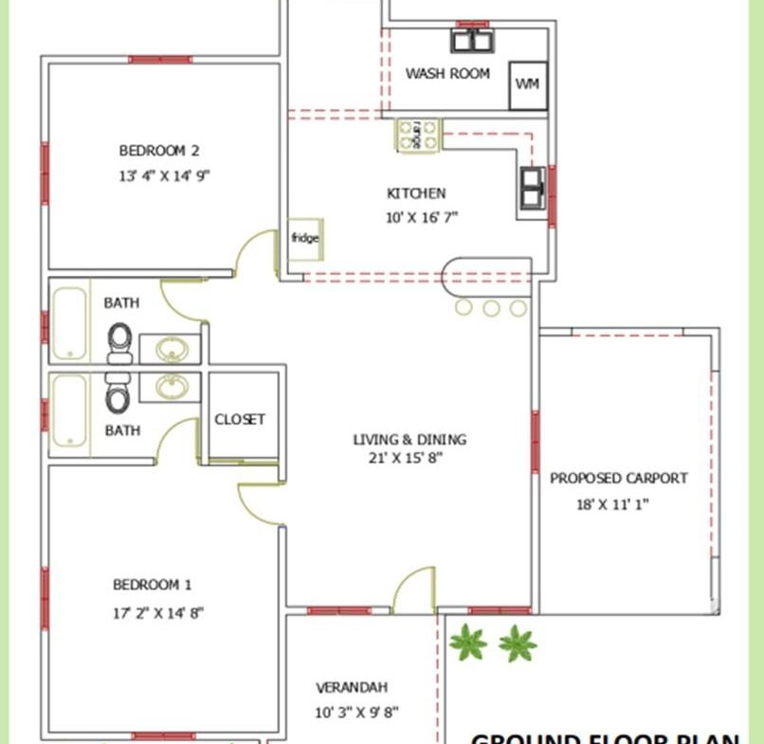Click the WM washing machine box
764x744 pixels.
tap(528, 85)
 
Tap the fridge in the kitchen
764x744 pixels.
tap(304, 238)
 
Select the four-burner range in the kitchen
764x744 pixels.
tap(418, 135)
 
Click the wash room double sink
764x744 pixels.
tap(472, 41)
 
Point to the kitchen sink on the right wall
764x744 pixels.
tap(532, 188)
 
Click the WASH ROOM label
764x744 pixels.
tap(447, 73)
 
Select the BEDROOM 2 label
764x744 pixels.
tap(159, 150)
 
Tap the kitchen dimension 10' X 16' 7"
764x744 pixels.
tap(422, 216)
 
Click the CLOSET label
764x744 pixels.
tap(240, 419)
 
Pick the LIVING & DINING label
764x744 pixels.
tap(409, 439)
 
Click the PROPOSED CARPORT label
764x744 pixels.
tap(619, 478)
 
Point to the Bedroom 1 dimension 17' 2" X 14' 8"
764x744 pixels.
tap(158, 612)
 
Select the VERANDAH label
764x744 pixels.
tap(352, 687)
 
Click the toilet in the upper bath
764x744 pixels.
tap(119, 342)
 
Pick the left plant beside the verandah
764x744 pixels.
tap(467, 644)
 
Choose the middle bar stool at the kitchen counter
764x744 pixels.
tap(491, 307)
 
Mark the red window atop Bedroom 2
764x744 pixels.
tap(160, 60)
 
